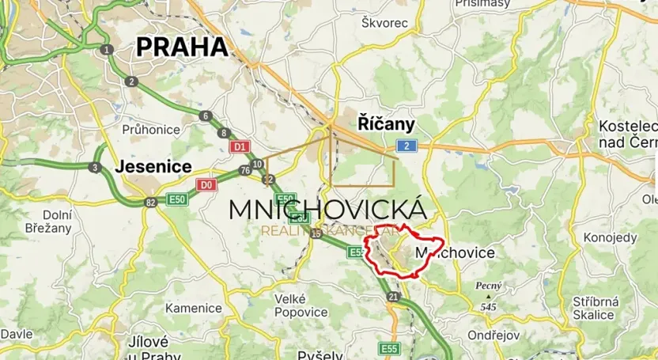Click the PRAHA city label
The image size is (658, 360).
183,47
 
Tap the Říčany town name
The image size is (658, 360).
386,124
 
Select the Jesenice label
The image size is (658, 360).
153,167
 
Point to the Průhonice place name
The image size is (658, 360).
152,129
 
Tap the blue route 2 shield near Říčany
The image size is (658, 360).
407,146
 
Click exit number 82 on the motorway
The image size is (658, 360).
150,203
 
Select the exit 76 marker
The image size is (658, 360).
245,171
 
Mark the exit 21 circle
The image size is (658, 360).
393,297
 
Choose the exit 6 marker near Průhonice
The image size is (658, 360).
206,116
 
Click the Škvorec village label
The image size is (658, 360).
384,23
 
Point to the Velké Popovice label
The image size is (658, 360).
301,305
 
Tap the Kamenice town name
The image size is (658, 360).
194,308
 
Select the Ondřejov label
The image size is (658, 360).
493,335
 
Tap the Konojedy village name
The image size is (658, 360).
610,237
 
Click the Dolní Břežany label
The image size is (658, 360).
57,222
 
